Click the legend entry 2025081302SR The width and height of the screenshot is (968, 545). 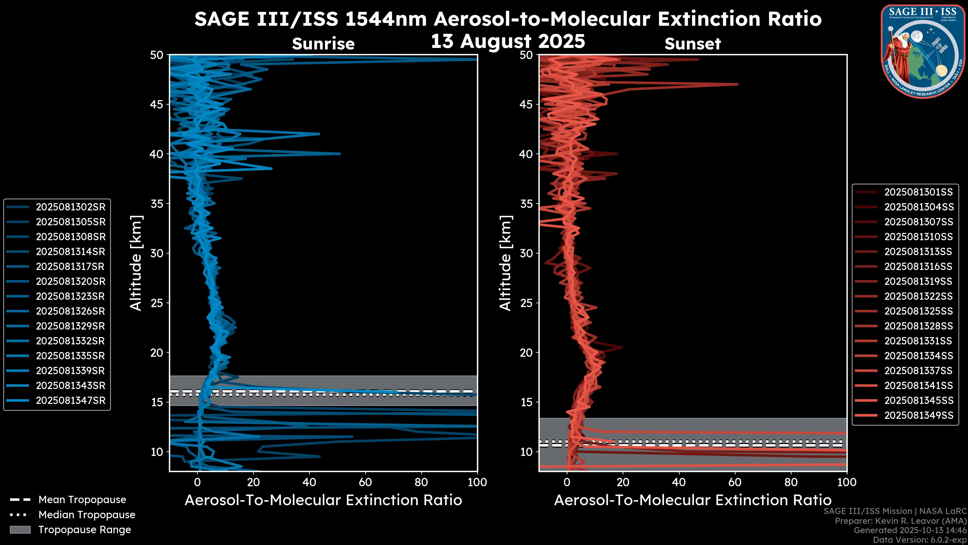click(x=71, y=207)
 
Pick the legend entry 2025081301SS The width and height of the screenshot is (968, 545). click(x=918, y=192)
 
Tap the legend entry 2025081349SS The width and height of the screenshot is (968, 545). click(x=918, y=415)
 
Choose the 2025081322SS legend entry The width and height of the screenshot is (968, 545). click(x=918, y=296)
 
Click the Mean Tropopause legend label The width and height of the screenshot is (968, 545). click(x=82, y=500)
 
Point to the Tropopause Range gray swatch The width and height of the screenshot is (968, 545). click(x=20, y=530)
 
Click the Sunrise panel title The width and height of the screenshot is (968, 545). click(x=323, y=44)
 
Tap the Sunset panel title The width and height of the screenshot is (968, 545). click(x=692, y=44)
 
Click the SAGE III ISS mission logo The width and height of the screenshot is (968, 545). click(x=923, y=51)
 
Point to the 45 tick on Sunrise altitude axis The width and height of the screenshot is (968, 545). click(x=157, y=104)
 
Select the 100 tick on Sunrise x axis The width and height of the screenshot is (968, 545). click(x=477, y=482)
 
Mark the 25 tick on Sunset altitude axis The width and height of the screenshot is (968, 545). click(x=526, y=303)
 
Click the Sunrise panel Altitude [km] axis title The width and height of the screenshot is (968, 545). click(x=136, y=263)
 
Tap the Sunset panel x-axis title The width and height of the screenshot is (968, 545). click(x=692, y=500)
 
